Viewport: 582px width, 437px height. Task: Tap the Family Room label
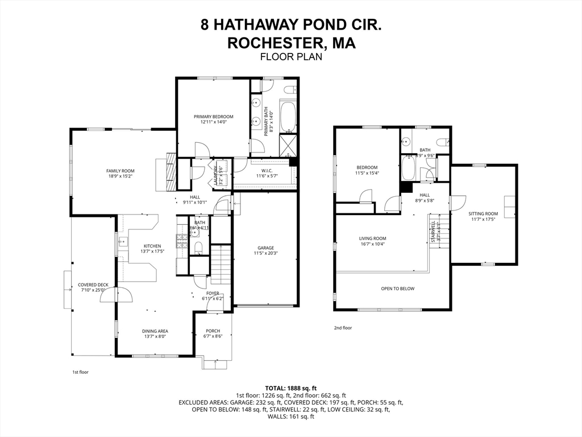coord(120,171)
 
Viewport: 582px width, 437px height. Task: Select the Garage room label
coord(265,248)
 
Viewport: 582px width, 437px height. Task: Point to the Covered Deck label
coord(93,285)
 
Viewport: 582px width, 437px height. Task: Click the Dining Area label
coord(155,331)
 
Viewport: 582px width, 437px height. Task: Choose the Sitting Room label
coord(483,214)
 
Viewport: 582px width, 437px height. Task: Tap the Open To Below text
coord(397,288)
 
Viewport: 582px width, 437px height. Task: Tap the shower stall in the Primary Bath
coord(288,146)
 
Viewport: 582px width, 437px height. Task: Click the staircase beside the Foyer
coord(220,265)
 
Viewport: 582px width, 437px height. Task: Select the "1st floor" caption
coord(80,372)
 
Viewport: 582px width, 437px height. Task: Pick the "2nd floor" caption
coord(343,328)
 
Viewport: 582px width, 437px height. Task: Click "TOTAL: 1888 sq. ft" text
coord(290,387)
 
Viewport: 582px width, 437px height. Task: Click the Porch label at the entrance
coord(211,331)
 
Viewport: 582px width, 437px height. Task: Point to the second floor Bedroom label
coord(367,167)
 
